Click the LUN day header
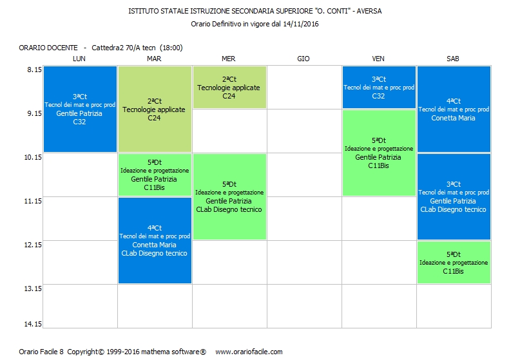click(x=79, y=59)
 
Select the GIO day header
click(x=304, y=59)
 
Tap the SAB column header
click(x=453, y=59)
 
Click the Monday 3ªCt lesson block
click(x=80, y=109)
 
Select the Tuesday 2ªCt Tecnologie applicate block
click(x=154, y=109)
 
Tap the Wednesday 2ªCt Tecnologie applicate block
click(x=229, y=87)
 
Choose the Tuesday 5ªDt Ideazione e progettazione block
click(x=154, y=175)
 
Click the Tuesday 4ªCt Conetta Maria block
click(x=154, y=240)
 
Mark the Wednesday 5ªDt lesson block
click(x=229, y=196)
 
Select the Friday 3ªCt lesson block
click(x=378, y=87)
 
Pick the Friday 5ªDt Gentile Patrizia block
click(x=378, y=153)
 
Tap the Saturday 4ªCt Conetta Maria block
click(x=453, y=109)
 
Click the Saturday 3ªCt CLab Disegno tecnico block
click(x=453, y=196)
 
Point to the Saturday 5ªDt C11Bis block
click(x=453, y=262)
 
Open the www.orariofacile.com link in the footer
click(x=249, y=352)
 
